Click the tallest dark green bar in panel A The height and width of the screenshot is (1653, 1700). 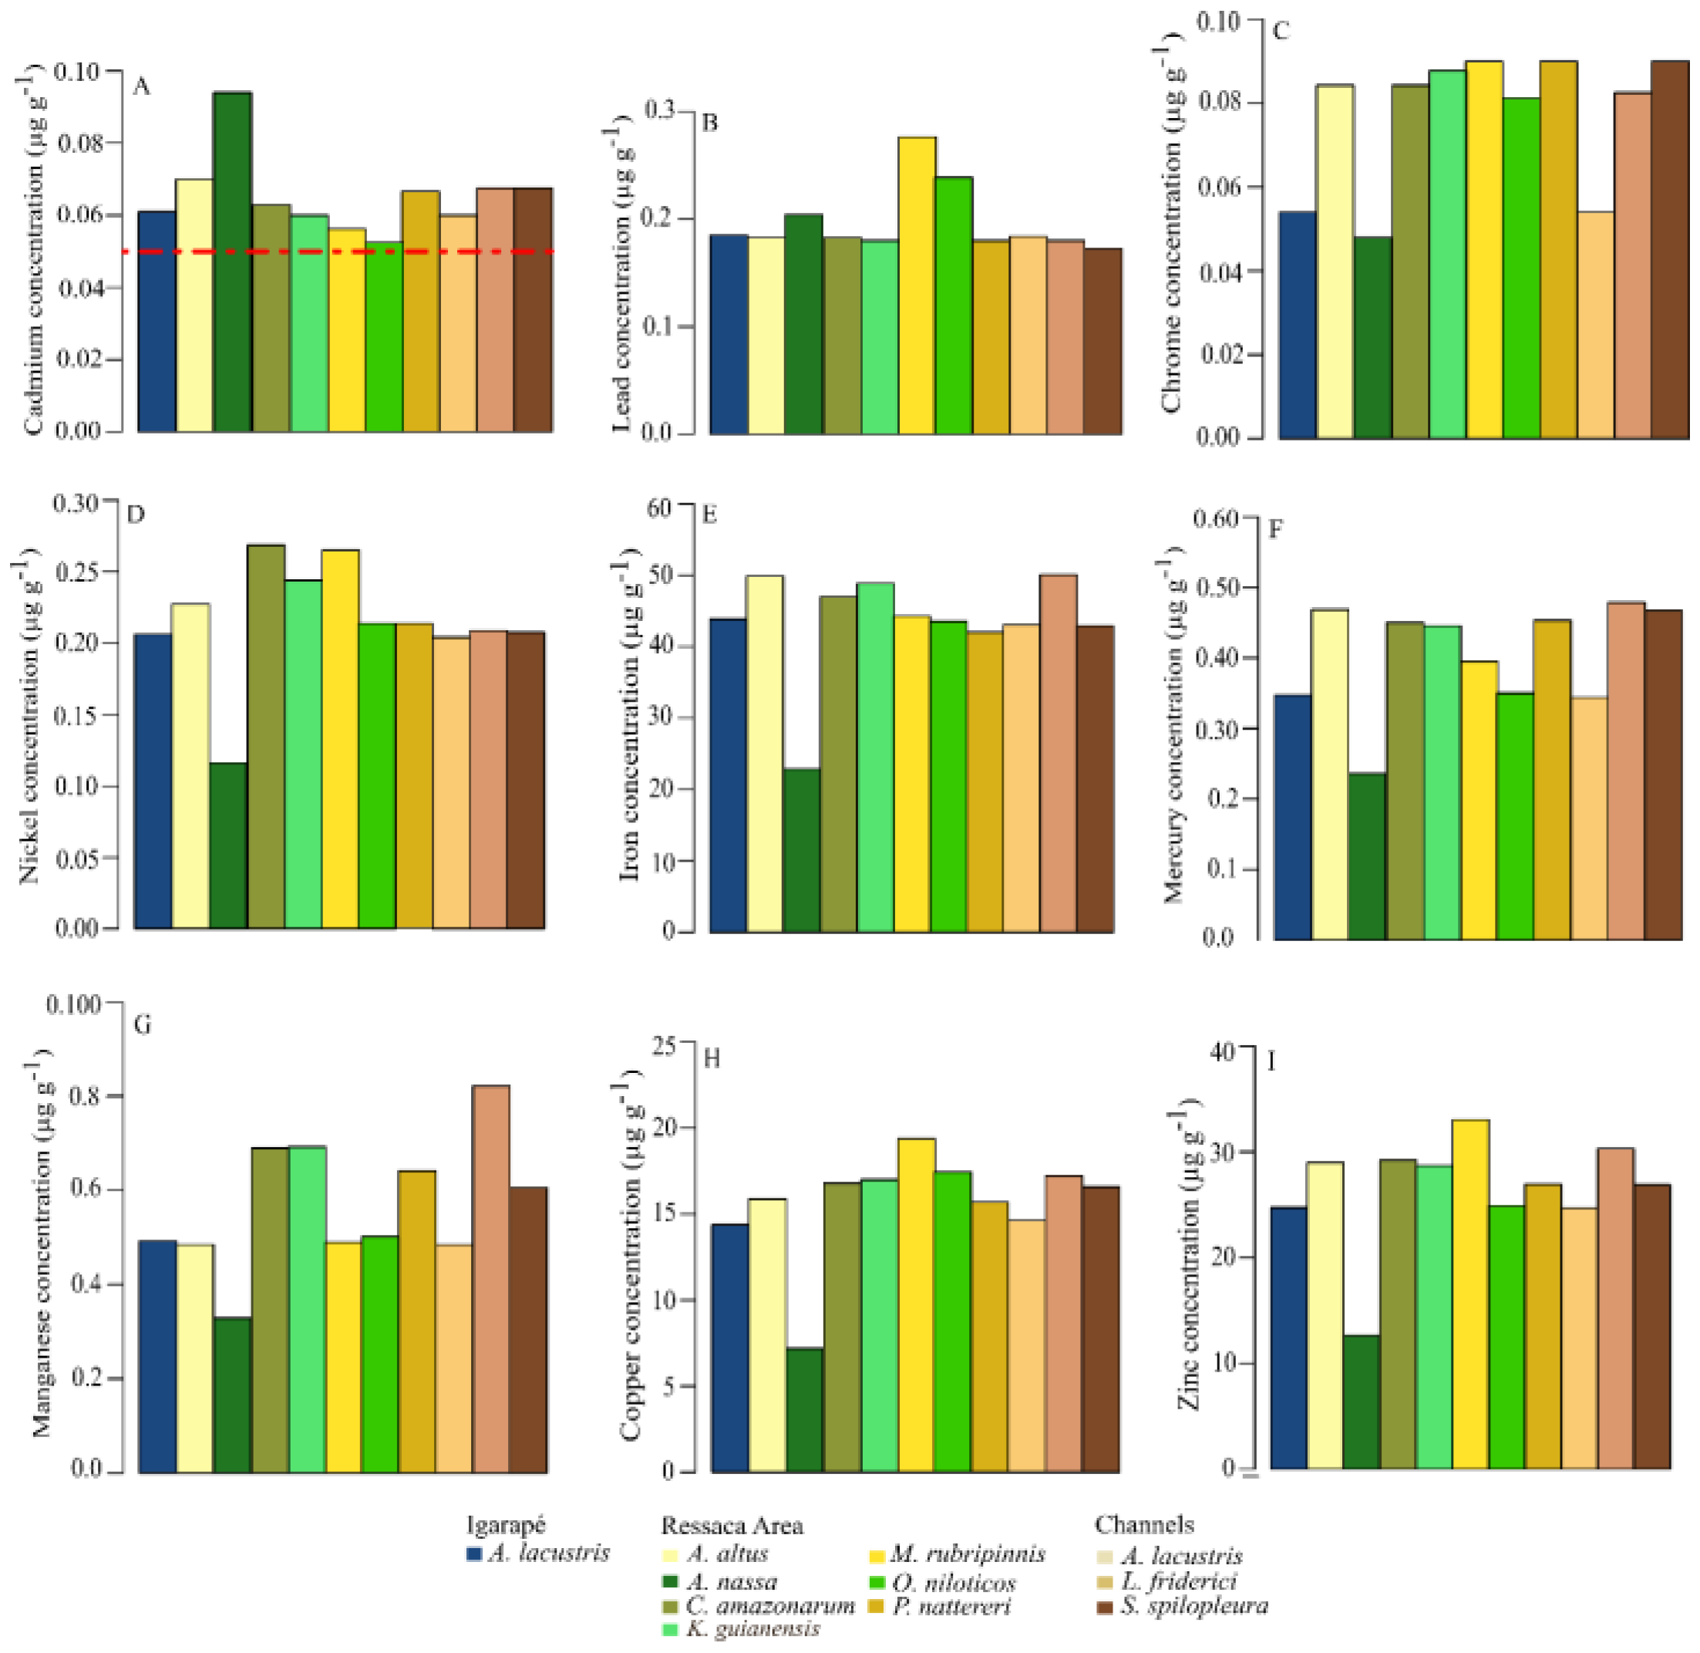233,261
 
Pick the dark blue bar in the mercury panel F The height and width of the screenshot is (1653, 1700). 1292,816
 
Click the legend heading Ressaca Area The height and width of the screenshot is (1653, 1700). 732,1526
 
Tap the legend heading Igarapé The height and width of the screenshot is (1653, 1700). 506,1526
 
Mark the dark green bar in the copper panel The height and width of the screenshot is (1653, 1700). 804,1410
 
